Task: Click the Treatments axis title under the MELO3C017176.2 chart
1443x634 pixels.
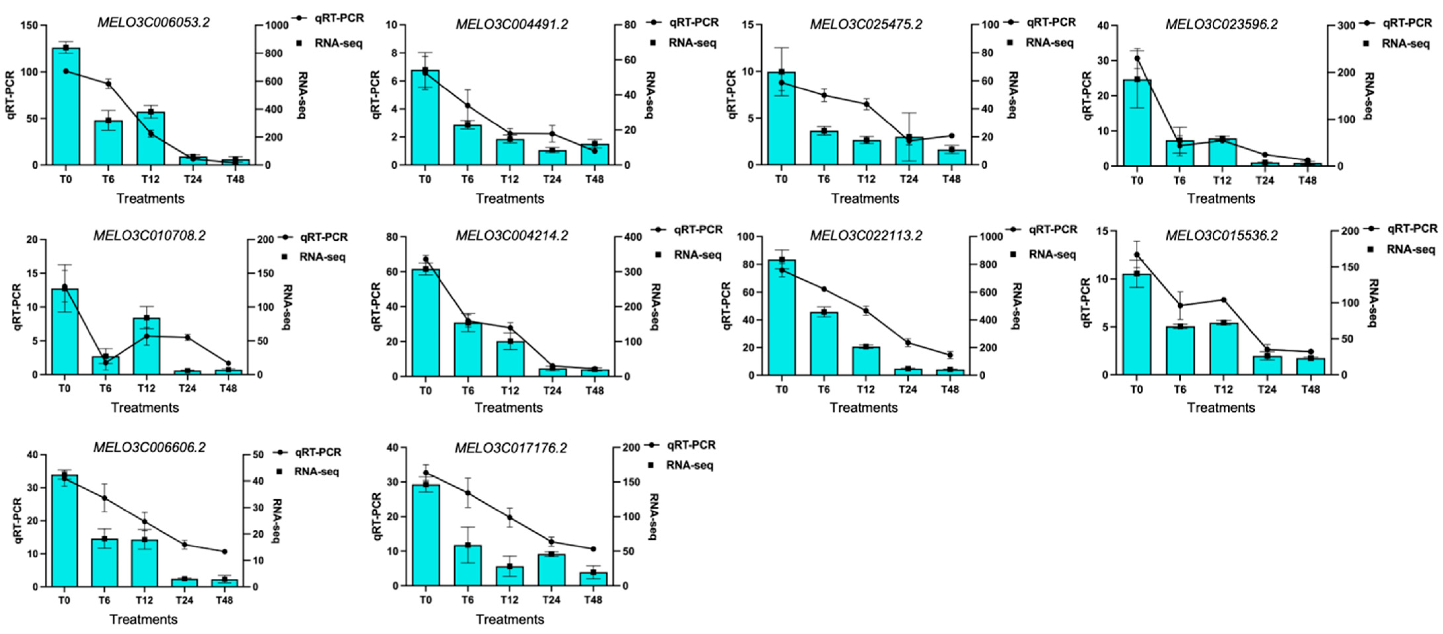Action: click(x=510, y=619)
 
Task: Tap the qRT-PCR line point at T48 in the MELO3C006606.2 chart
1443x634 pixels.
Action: click(x=224, y=552)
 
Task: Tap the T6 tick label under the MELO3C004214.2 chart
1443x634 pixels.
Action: click(x=467, y=390)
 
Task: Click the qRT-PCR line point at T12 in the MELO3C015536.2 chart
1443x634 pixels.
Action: click(x=1223, y=299)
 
